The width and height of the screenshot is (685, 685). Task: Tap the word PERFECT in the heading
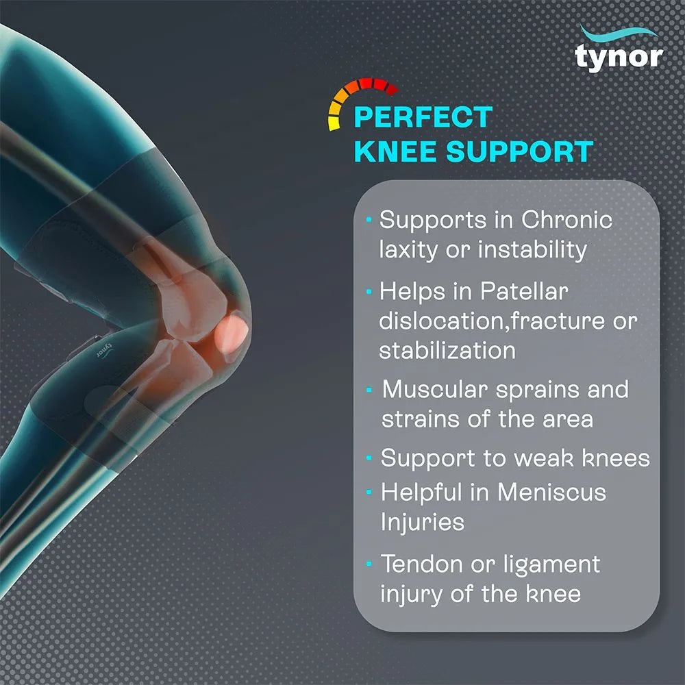423,117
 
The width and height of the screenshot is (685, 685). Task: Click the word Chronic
566,221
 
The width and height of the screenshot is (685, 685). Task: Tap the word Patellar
523,292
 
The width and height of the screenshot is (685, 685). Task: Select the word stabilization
447,350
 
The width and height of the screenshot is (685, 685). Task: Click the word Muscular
435,389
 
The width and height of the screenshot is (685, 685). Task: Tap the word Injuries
423,522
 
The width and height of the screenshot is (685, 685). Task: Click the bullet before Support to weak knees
370,458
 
